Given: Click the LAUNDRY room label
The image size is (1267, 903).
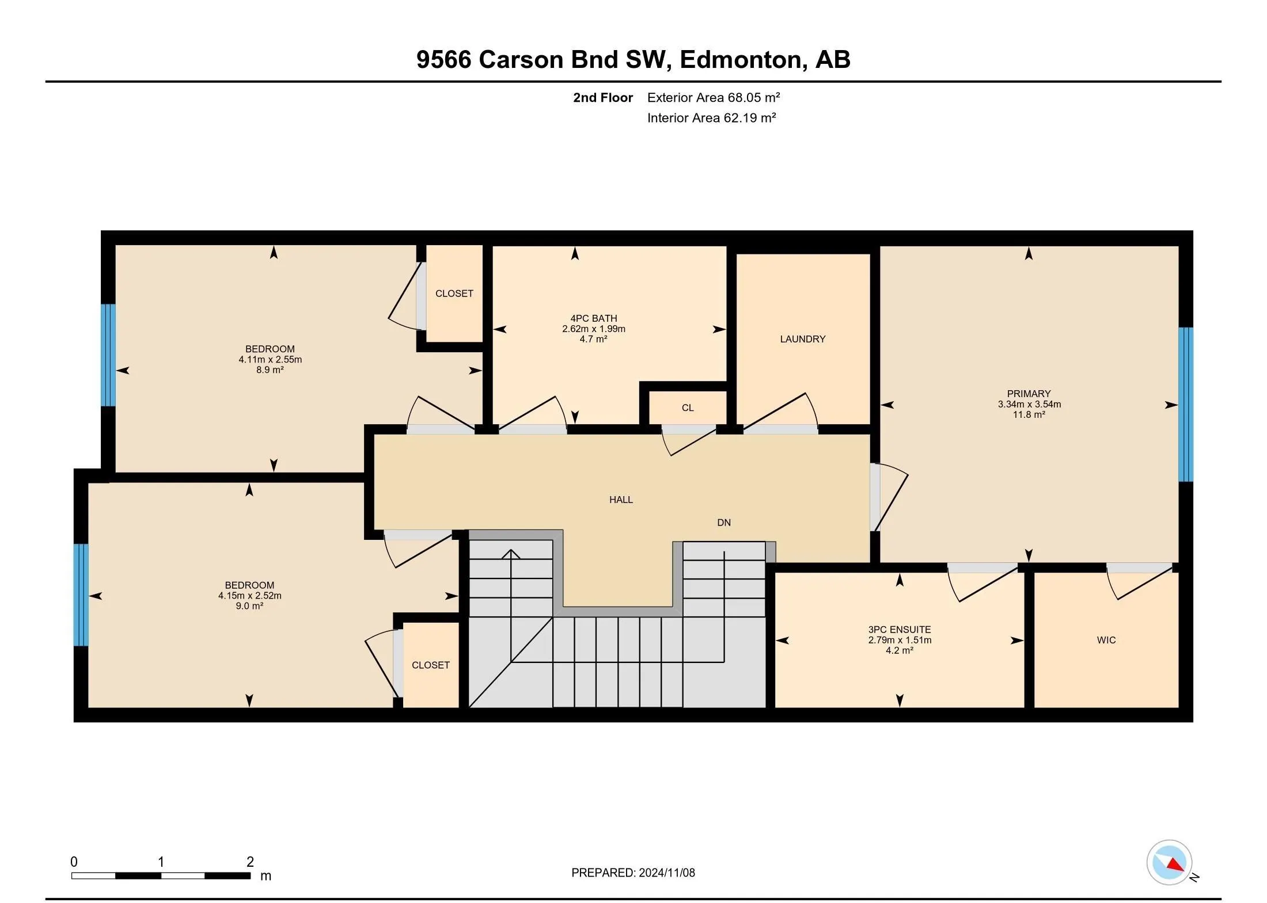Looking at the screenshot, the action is (803, 340).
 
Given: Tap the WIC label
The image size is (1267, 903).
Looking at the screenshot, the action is (1106, 640).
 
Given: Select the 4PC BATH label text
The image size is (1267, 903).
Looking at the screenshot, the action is (594, 318).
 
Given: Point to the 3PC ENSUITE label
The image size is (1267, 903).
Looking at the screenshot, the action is (900, 630).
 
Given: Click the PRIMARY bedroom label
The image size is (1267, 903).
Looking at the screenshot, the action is (1029, 394).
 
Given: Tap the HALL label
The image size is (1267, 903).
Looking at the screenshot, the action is (621, 500).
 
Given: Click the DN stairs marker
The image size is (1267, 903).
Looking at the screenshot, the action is (724, 523).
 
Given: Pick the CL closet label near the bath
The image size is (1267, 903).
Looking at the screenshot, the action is (688, 408).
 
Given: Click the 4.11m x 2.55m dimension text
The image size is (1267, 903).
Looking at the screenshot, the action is (270, 360).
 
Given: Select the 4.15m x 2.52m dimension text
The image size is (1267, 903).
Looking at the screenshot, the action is (249, 596).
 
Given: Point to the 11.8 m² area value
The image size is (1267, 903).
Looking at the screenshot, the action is (1029, 414).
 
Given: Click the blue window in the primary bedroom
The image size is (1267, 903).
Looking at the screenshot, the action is (1185, 404).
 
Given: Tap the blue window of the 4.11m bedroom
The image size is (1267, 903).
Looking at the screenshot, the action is (108, 355).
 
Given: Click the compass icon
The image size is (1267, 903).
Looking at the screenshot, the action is (1169, 862).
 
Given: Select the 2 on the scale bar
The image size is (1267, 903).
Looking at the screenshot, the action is (250, 862).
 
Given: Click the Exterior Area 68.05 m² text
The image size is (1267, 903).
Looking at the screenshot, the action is (714, 98).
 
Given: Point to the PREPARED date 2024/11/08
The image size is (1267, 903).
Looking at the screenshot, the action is (666, 872).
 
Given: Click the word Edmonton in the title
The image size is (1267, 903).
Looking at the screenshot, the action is (741, 60).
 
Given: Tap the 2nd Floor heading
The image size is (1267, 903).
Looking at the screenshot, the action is (603, 98).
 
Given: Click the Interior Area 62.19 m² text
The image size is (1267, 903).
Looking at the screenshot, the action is (712, 118).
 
